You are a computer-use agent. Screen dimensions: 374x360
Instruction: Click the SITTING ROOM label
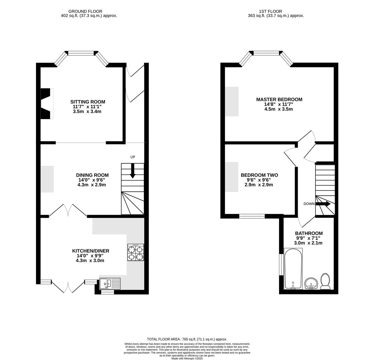tap(88, 102)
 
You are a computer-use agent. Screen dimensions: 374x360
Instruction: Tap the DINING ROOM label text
tap(92, 175)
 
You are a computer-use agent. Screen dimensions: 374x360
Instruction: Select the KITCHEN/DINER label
tap(91, 251)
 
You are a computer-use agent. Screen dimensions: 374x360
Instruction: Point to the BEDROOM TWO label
tap(259, 175)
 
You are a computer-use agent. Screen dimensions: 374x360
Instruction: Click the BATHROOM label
tap(309, 233)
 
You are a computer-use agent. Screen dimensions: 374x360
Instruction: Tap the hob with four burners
tap(136, 252)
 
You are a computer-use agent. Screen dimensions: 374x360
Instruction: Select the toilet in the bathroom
tap(325, 281)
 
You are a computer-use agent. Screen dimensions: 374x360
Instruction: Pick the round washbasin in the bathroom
tap(311, 284)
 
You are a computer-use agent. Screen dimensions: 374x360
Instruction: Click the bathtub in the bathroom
tap(293, 269)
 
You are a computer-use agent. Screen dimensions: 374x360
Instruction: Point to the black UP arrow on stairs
tap(133, 170)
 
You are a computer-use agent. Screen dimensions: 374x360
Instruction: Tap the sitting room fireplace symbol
tap(47, 103)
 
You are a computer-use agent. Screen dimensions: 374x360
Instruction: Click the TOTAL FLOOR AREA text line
tap(187, 339)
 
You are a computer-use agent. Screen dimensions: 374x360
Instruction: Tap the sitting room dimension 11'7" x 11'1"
tap(87, 107)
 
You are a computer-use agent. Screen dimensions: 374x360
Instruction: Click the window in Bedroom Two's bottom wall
tap(252, 216)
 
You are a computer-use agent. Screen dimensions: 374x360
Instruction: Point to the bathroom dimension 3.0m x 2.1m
tap(308, 243)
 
